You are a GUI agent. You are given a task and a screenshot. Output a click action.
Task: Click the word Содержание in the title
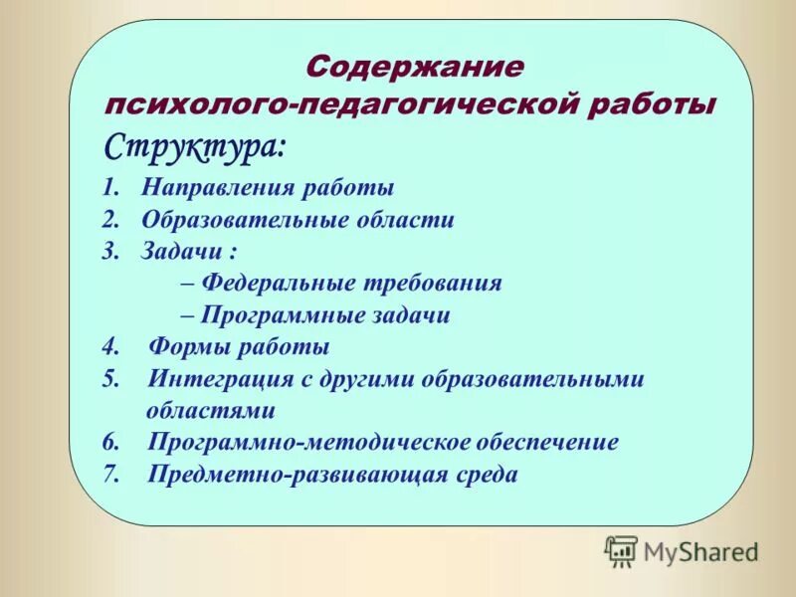414,68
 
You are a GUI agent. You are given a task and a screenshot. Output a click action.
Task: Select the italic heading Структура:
195,147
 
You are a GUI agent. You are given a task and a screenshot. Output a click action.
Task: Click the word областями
210,410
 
